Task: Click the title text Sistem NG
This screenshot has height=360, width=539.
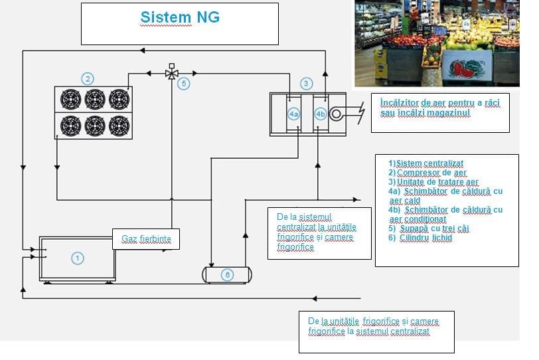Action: [x=179, y=17]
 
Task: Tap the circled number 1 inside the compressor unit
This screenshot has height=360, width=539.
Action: [x=78, y=258]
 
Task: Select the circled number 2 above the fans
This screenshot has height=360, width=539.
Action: [x=88, y=78]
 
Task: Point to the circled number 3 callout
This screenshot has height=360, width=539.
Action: [x=306, y=84]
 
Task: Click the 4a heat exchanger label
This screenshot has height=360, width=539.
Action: [x=294, y=114]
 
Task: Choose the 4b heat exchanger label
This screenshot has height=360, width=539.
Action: [x=321, y=114]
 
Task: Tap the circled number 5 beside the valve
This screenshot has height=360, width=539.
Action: [x=184, y=84]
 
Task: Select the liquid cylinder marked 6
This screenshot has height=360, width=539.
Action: [x=227, y=274]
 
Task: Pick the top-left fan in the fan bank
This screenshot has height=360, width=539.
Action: [x=69, y=99]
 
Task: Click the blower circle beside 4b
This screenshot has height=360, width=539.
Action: [x=336, y=114]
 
